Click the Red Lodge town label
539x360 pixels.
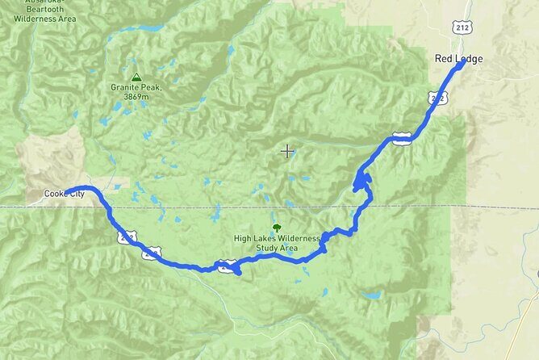coord(454,58)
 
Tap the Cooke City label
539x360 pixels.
coord(65,194)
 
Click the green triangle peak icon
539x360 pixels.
coord(136,77)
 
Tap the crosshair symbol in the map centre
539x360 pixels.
coord(286,150)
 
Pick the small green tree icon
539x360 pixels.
coord(278,228)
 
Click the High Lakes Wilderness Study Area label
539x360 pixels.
coord(277,243)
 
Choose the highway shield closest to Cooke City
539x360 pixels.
coord(126,237)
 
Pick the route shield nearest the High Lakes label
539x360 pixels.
coord(227,264)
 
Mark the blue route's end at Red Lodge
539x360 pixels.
coord(462,65)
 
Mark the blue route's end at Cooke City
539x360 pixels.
coord(67,193)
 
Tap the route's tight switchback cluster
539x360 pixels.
coord(361,184)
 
